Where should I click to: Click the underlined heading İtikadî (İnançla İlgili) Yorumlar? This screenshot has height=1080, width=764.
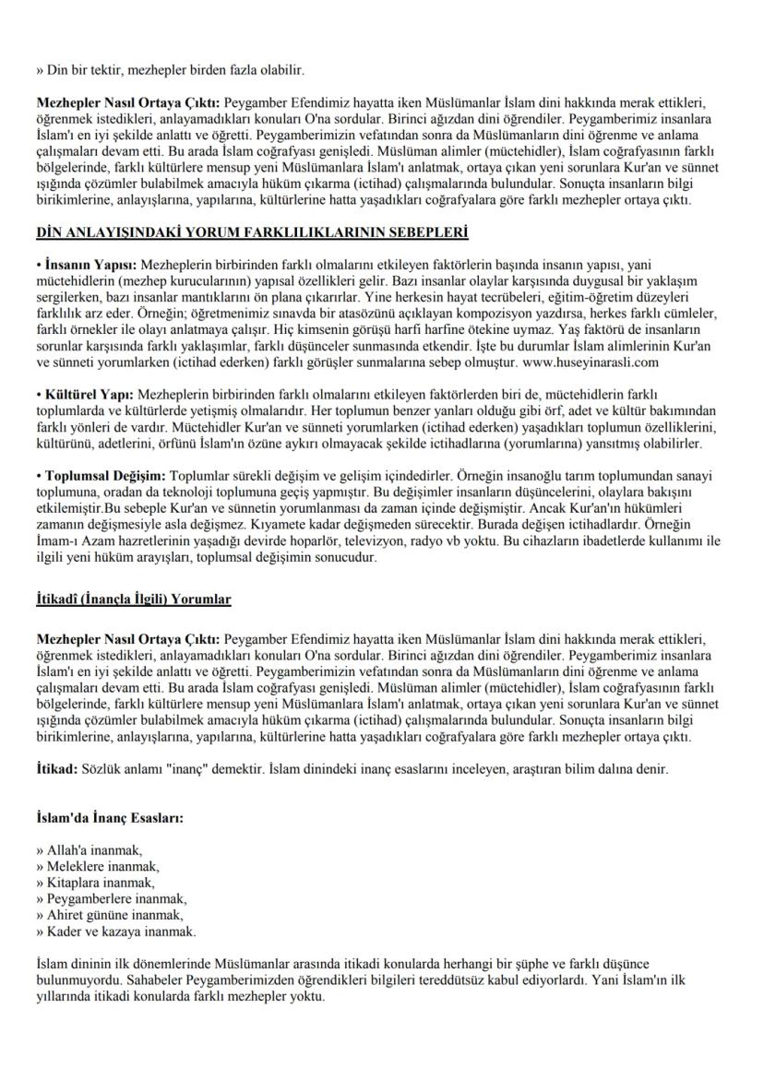(134, 599)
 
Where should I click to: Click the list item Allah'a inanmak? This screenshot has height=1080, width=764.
(90, 850)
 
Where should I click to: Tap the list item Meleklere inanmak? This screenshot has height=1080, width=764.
(98, 866)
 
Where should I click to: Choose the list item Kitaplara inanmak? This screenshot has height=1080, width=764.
(96, 883)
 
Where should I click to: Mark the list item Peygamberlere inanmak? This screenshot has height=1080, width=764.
(112, 898)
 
